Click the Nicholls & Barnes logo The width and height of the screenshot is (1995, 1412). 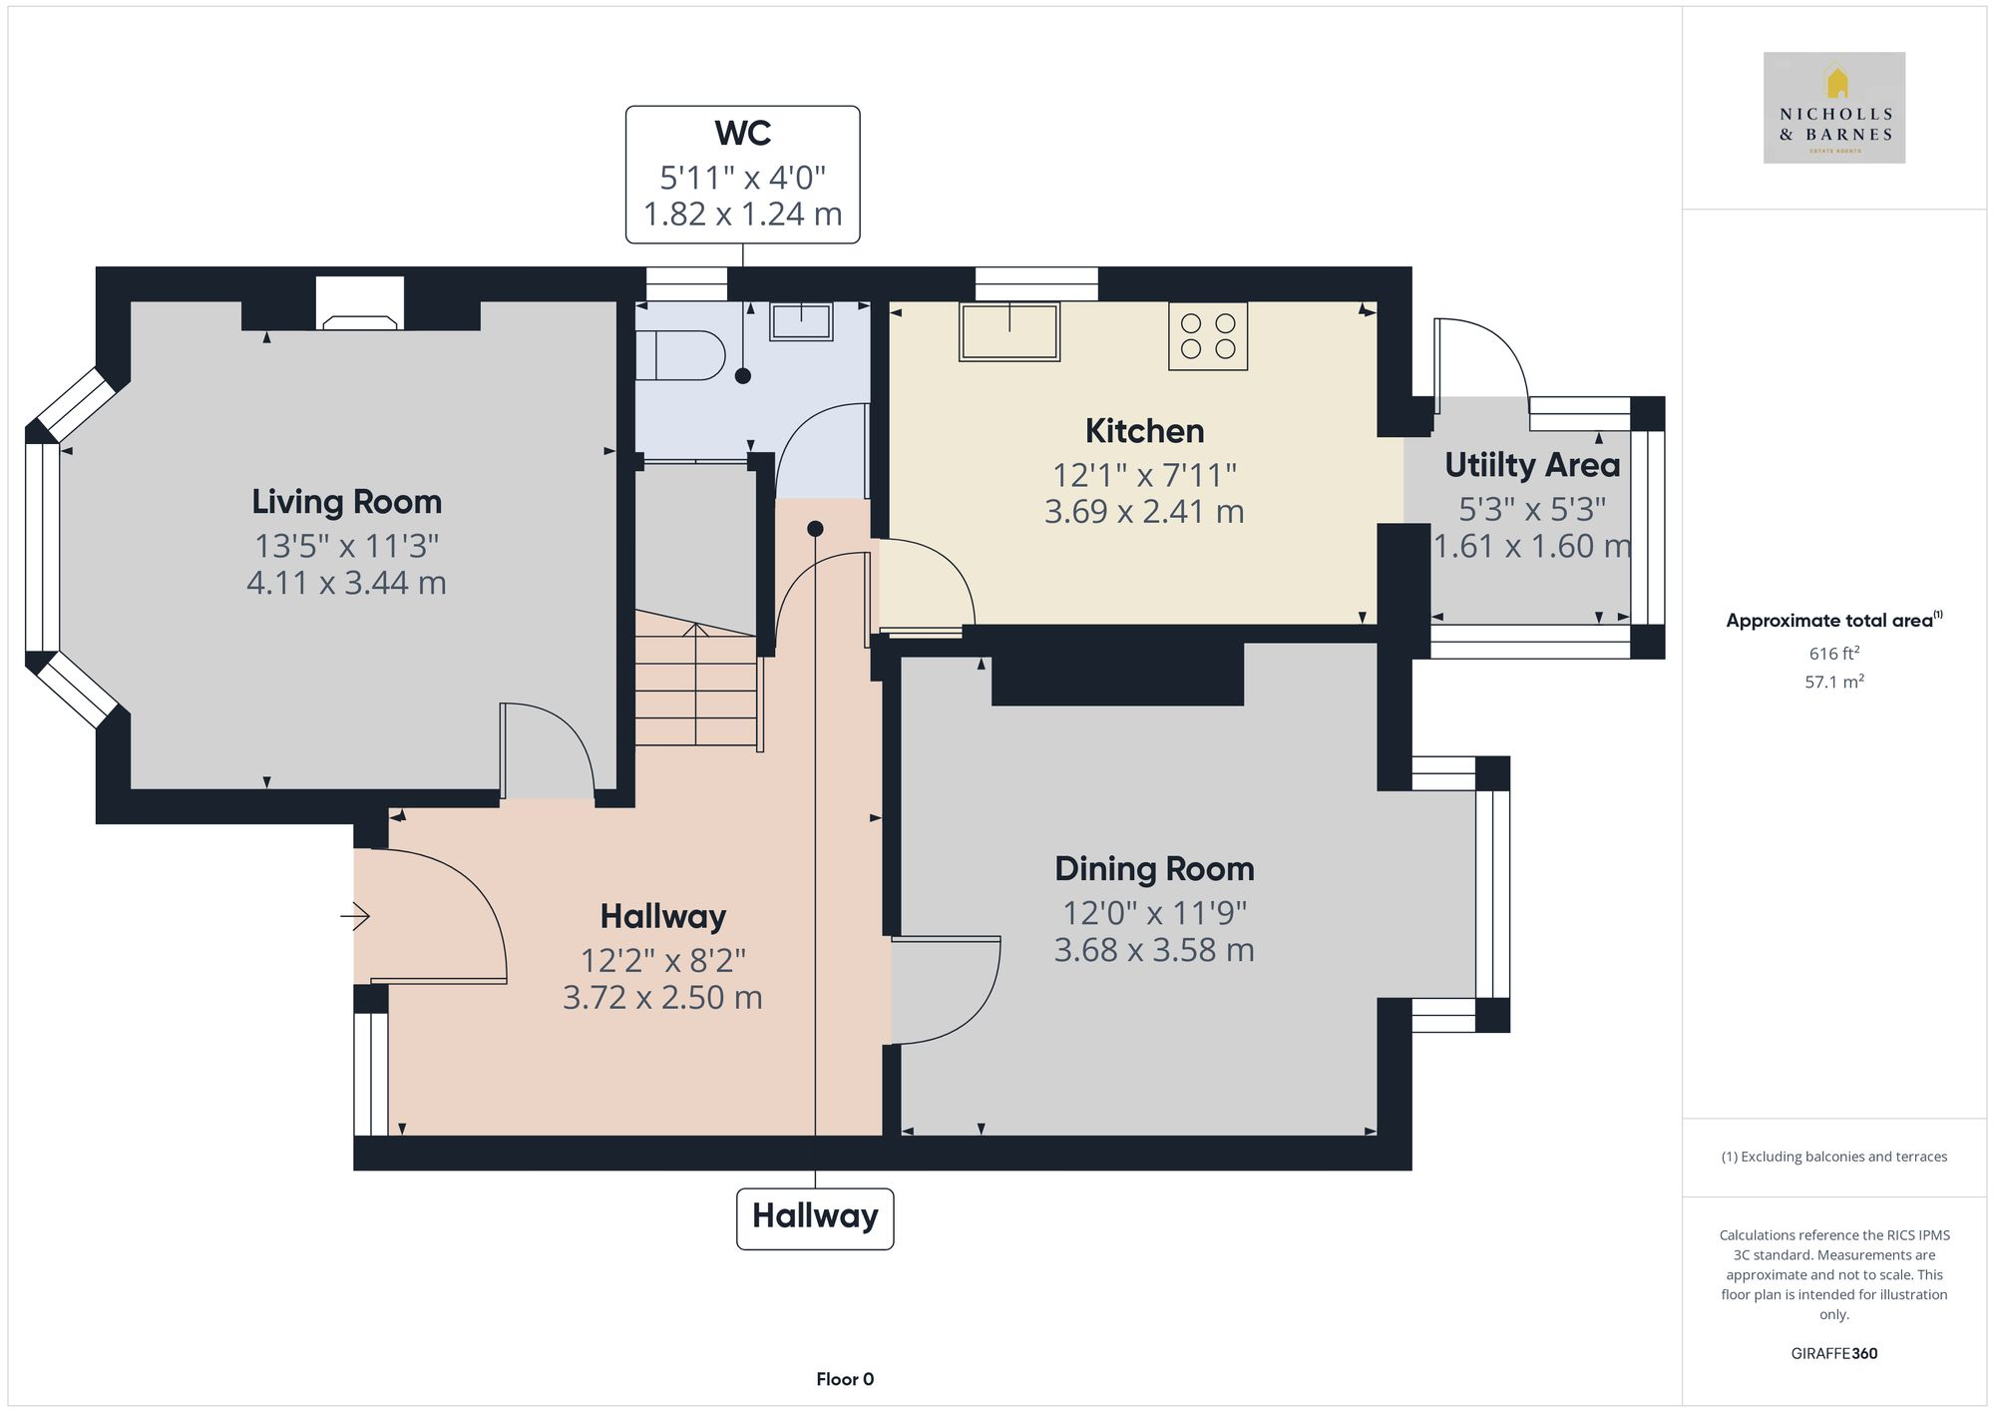pos(1833,108)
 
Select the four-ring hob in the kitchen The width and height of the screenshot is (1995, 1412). pos(1207,336)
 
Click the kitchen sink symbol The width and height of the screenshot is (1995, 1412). pos(1008,331)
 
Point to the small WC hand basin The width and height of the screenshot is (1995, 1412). pos(800,321)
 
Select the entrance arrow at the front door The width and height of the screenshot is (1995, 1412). pos(355,915)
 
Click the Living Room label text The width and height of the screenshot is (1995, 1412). pos(346,501)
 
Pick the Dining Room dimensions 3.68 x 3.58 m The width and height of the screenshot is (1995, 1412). pos(1154,950)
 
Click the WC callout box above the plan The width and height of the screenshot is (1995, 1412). pos(742,175)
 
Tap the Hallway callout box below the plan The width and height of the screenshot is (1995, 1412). pos(815,1217)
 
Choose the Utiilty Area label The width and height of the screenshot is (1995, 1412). pos(1531,465)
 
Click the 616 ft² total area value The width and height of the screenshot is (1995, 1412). pos(1833,654)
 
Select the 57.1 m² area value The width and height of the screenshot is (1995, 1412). pos(1833,683)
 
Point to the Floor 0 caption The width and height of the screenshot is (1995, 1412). pos(844,1379)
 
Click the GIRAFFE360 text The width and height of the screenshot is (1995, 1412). pos(1833,1353)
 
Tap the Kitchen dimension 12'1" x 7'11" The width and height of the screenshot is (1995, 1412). pos(1144,475)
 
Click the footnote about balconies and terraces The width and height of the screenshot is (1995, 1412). pos(1833,1157)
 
